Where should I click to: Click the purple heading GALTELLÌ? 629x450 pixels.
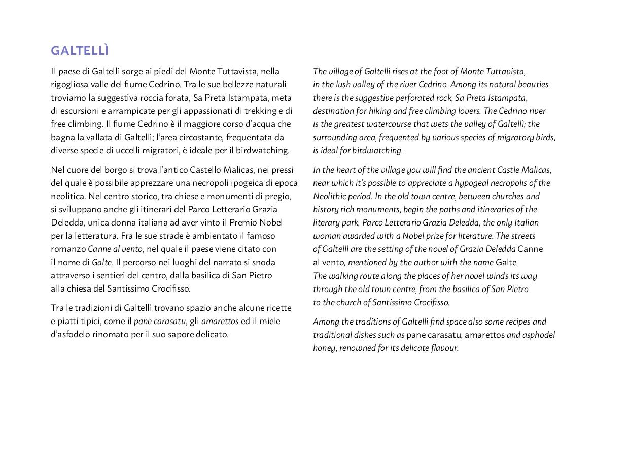(x=80, y=51)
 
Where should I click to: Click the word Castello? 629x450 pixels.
(x=205, y=170)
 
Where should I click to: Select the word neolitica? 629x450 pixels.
(x=68, y=196)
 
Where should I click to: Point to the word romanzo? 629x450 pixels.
(x=68, y=249)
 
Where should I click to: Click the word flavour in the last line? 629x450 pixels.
(x=444, y=348)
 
